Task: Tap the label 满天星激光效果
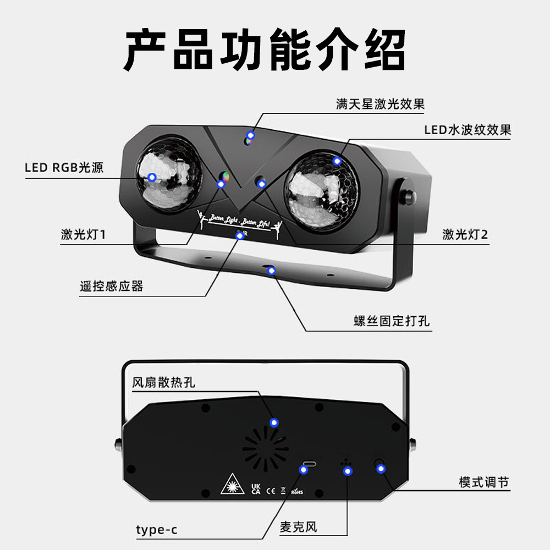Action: tap(380, 104)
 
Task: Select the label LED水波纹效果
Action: tap(468, 130)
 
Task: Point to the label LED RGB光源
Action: tap(64, 168)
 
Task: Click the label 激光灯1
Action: tap(82, 234)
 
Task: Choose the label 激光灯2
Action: tap(465, 234)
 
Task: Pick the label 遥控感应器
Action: tap(111, 286)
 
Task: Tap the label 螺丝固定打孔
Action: tap(391, 321)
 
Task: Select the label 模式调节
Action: tap(484, 482)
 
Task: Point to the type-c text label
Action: tap(157, 530)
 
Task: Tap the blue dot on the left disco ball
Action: tap(152, 177)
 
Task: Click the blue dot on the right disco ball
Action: tap(337, 161)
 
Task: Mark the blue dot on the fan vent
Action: tap(274, 422)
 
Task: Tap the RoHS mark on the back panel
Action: tap(297, 491)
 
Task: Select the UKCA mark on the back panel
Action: tap(256, 488)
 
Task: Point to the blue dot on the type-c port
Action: tap(304, 469)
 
